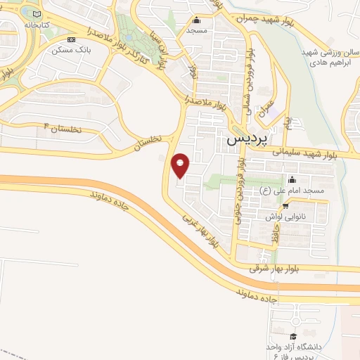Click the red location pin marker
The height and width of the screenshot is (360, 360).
(181, 165)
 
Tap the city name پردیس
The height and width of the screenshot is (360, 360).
(249, 140)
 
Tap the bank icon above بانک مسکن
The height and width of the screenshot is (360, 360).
(70, 39)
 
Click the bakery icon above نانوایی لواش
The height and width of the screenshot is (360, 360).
(285, 206)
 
